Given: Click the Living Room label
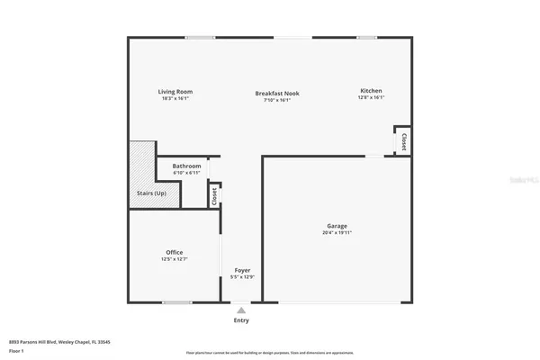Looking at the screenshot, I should pos(175,91).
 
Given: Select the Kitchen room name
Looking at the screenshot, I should pos(372,91).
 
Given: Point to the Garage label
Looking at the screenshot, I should pos(337,226).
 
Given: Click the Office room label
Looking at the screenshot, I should pos(175,252).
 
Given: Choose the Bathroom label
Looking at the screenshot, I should pos(186,166).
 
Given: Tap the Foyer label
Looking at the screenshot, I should pos(242,270).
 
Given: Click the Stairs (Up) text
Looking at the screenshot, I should pos(151,193).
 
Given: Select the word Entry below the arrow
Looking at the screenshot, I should pos(241,320).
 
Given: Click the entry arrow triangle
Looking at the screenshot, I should pos(241,310).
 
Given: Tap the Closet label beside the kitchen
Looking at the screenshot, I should pos(404,142).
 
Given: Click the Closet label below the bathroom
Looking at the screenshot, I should pos(214,195).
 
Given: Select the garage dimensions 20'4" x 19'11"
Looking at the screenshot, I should pos(337,233).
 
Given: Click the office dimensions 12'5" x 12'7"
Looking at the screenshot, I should pos(175,259).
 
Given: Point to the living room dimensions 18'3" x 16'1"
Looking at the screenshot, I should pos(175,98).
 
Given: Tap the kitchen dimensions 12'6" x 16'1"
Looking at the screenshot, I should pos(372,98).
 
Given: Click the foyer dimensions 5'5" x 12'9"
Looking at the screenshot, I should pos(242,277).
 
